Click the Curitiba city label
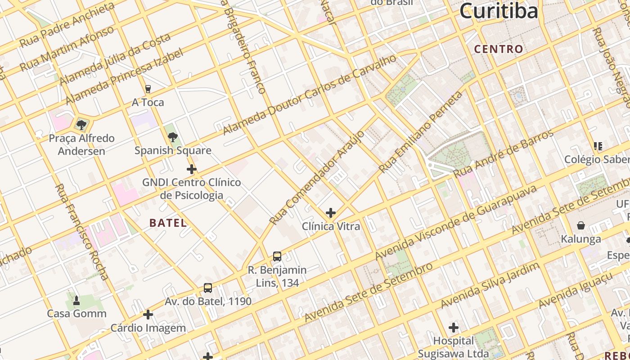(499, 11)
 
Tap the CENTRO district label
(499, 49)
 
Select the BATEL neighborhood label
(168, 223)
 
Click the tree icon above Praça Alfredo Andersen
(81, 125)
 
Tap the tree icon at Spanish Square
(172, 137)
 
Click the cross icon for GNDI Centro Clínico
(191, 169)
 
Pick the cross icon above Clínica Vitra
(331, 212)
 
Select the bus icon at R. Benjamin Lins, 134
(277, 256)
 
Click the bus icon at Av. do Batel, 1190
(207, 288)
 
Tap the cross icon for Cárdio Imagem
(148, 315)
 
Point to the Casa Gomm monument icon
(76, 300)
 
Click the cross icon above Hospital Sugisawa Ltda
(454, 327)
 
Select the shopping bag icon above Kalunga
(581, 225)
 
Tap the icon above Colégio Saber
(598, 146)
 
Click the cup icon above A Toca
(148, 89)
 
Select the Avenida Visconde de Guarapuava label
(456, 223)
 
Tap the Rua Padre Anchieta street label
(67, 25)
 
